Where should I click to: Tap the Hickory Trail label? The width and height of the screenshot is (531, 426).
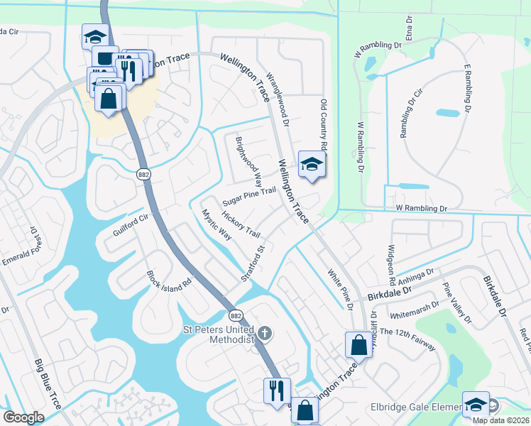(241, 224)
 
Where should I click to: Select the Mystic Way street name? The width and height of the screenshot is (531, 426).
(217, 224)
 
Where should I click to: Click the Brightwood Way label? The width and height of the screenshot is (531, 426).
(249, 159)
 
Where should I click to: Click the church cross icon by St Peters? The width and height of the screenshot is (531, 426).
(264, 332)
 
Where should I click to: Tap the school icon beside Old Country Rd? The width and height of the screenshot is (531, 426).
(311, 165)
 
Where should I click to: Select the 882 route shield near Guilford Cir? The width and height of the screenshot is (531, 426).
(143, 174)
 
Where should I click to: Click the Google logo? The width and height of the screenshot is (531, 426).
(23, 417)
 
